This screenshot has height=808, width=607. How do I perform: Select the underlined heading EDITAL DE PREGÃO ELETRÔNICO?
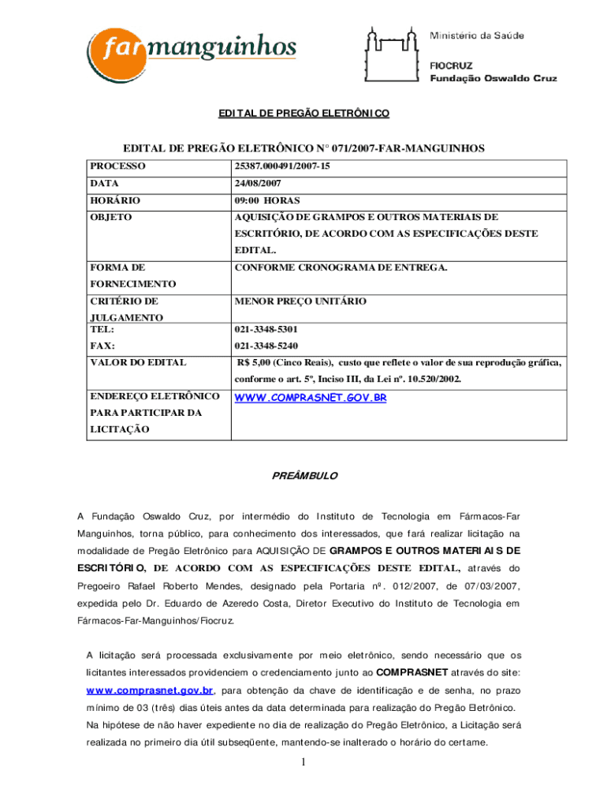[x=303, y=114]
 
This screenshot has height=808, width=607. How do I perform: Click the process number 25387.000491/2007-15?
[x=281, y=167]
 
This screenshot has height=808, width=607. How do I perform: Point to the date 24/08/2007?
[x=259, y=184]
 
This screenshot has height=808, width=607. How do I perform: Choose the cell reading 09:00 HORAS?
[x=266, y=200]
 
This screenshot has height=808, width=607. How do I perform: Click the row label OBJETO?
[x=110, y=217]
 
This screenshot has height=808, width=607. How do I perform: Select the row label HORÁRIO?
[x=115, y=200]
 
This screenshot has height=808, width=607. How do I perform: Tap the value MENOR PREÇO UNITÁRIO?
[x=300, y=301]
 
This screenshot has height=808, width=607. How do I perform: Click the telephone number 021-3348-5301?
[x=266, y=329]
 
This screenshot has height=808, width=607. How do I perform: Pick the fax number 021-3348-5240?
[x=266, y=346]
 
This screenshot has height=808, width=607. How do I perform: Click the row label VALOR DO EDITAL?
[x=138, y=362]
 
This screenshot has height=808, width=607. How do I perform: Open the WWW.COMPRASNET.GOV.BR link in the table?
[x=310, y=398]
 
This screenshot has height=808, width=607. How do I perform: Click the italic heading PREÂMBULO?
[x=303, y=476]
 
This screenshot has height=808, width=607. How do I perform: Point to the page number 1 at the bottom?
[x=303, y=762]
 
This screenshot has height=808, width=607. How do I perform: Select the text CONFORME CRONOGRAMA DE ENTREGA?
[x=341, y=267]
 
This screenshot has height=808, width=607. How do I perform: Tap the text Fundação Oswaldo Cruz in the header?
[x=493, y=78]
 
